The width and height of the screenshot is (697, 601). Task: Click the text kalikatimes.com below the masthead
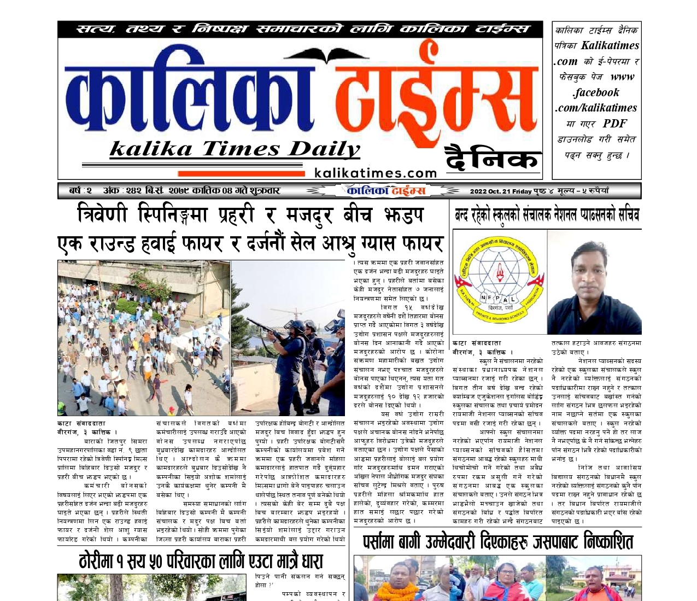click(376, 173)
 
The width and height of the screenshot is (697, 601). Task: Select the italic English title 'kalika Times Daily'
click(235, 149)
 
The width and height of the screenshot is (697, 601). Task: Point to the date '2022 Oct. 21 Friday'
click(501, 191)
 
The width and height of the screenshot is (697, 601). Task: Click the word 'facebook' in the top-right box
click(596, 92)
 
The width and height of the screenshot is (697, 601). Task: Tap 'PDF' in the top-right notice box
click(615, 124)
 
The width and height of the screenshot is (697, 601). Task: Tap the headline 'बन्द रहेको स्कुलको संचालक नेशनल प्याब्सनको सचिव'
click(546, 215)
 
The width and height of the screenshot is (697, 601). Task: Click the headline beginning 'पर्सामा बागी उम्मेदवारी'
click(497, 542)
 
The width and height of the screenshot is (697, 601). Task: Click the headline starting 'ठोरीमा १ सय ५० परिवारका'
click(201, 561)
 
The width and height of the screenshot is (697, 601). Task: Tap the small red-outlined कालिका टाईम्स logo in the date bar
click(386, 190)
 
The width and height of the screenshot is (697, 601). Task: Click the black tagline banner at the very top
click(300, 29)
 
